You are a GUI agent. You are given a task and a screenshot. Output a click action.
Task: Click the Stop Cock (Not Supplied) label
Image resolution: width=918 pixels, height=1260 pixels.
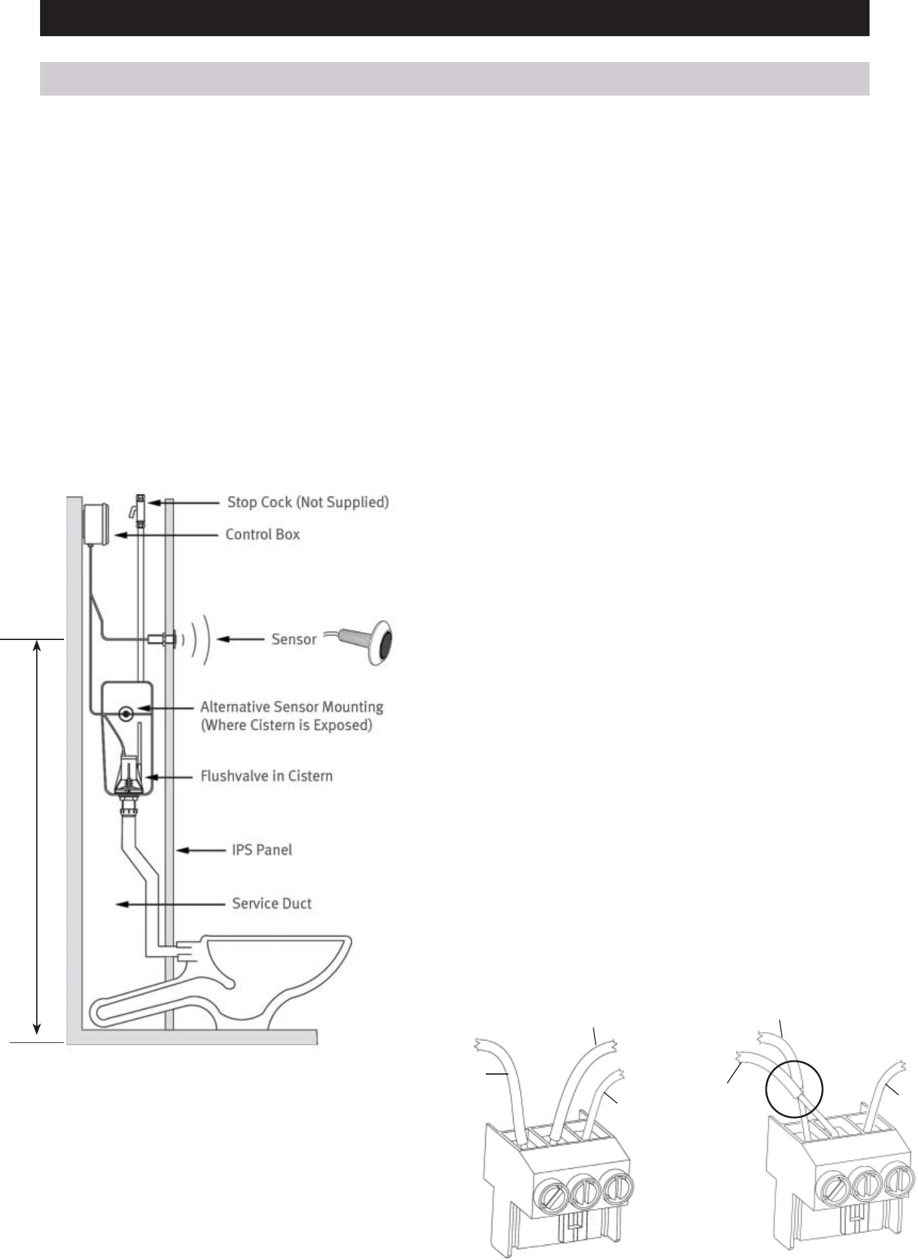[308, 502]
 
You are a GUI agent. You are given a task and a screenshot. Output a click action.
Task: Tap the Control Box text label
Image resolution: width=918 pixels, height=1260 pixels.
[262, 535]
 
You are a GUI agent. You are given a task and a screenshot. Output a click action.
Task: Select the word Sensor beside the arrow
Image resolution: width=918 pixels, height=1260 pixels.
[294, 639]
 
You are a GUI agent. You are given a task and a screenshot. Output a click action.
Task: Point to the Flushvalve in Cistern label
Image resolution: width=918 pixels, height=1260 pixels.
[266, 776]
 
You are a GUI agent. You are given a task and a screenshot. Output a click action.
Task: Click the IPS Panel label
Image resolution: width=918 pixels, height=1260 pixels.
[262, 849]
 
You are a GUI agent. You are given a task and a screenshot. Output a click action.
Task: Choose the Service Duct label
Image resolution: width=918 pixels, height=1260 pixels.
[271, 904]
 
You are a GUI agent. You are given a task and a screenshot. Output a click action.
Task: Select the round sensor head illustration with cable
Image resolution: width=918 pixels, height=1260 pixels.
[378, 643]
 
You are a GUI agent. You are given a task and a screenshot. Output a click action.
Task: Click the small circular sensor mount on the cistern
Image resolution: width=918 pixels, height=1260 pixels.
[127, 714]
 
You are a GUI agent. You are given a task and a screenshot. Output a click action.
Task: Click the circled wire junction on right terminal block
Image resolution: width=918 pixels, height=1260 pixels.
[794, 1091]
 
